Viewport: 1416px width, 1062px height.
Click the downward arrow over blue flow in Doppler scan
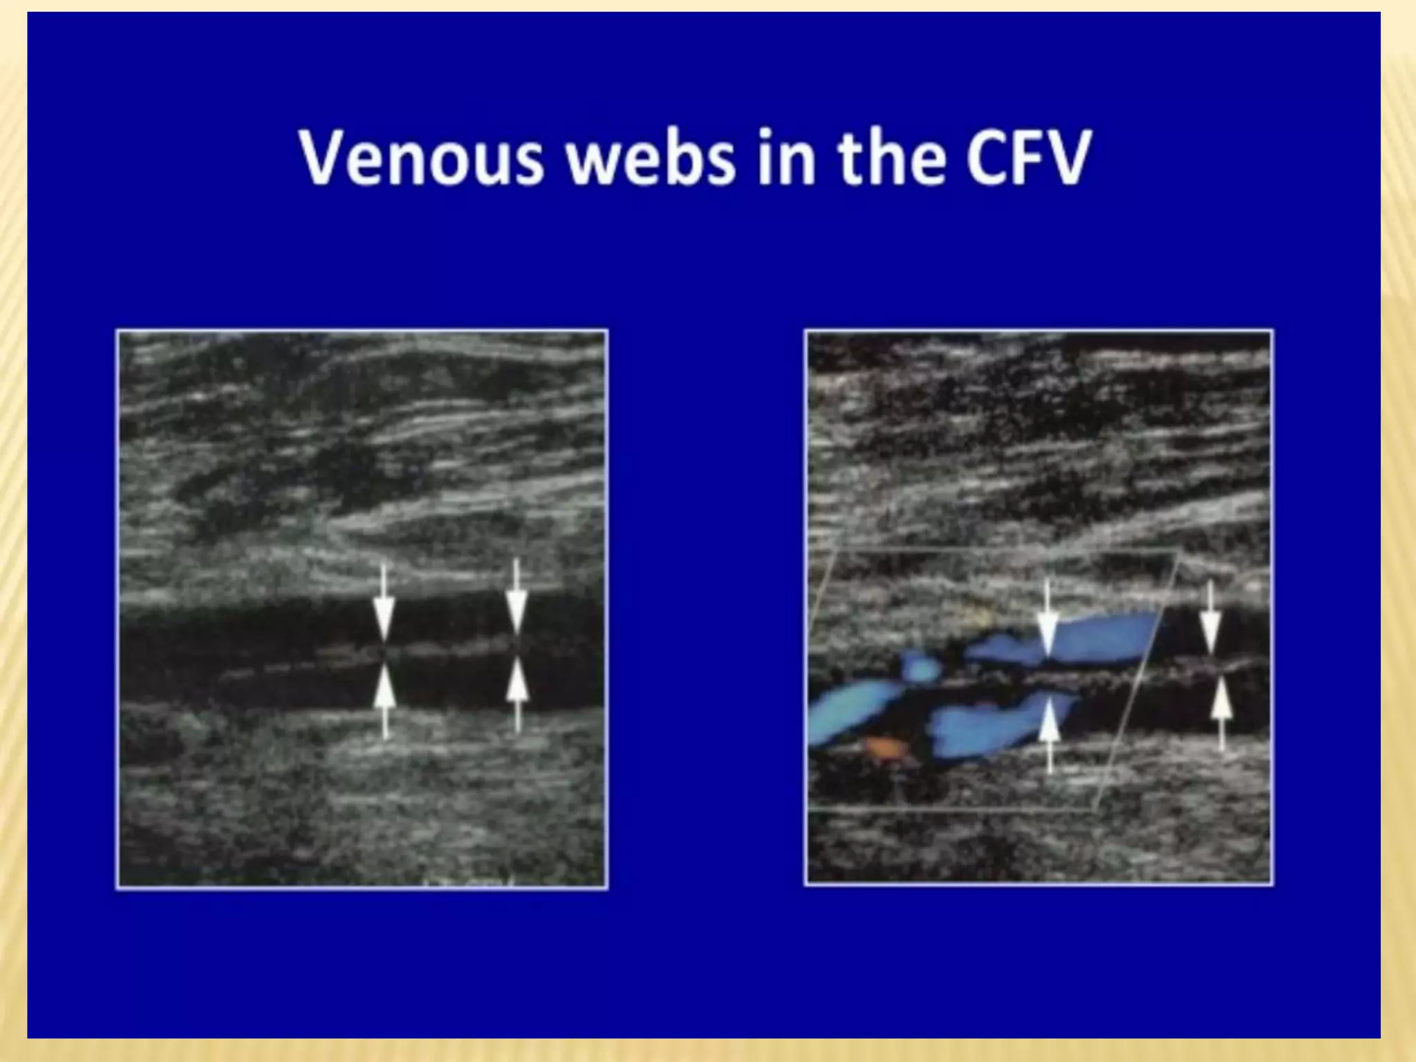point(1048,619)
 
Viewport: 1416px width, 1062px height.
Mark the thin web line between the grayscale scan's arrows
point(449,650)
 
